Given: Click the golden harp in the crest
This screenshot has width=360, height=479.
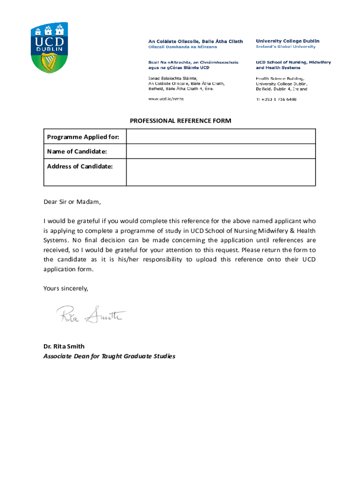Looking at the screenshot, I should click(48, 61).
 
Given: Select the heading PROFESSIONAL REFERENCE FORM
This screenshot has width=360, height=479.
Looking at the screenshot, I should click(180, 121).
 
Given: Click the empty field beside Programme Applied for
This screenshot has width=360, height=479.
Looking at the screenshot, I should click(221, 137).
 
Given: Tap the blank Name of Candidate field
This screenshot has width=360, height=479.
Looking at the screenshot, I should click(221, 152).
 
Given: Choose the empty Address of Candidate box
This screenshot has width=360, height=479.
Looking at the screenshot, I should click(221, 172).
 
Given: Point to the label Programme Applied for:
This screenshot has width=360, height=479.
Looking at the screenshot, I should click(83, 137).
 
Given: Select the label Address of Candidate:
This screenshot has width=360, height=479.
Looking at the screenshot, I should click(80, 166).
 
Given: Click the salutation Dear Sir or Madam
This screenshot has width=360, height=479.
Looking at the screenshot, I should click(72, 202).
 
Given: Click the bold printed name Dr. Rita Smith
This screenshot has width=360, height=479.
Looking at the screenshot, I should click(64, 347).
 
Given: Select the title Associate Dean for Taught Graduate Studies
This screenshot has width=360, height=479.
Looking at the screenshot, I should click(109, 356).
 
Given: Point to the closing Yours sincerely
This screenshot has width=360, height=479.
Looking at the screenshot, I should click(66, 289).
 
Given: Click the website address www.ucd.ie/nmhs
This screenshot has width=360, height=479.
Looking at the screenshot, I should click(166, 99).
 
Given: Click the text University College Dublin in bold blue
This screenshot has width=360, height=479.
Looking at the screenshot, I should click(288, 41).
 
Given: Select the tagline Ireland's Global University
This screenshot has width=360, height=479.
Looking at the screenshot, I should click(285, 47).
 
